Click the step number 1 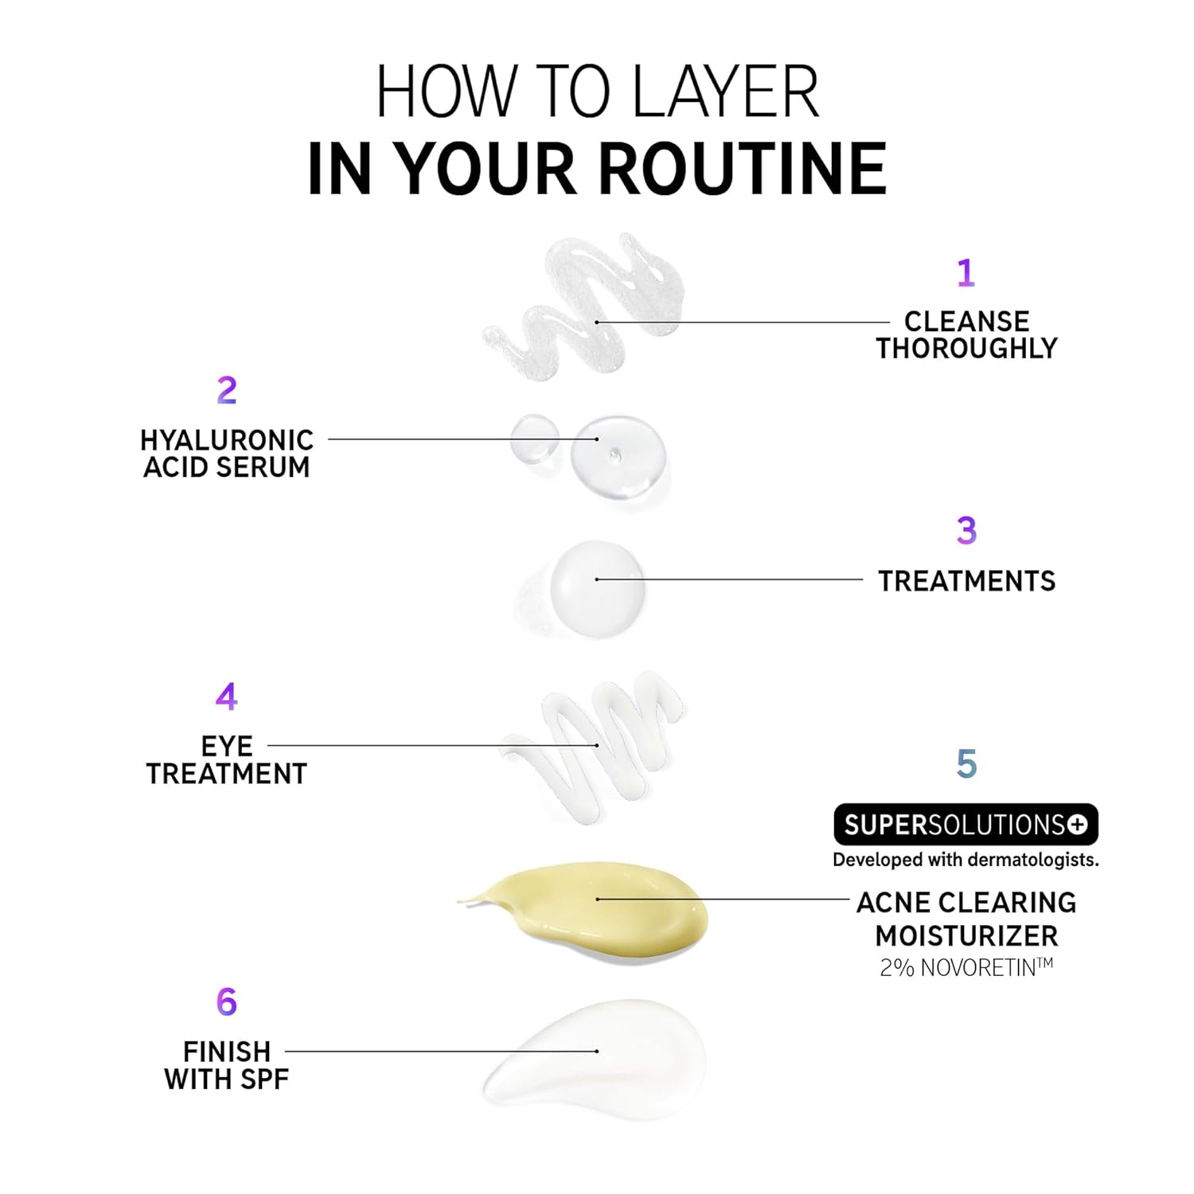click(966, 272)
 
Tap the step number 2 click(227, 390)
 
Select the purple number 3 click(966, 530)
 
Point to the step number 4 click(227, 696)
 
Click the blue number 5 click(966, 764)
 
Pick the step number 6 click(227, 1001)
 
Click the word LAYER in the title click(725, 92)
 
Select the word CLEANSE click(966, 322)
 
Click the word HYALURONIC click(227, 440)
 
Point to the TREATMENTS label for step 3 click(966, 581)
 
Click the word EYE click(227, 747)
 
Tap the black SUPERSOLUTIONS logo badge click(966, 825)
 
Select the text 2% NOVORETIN click(966, 967)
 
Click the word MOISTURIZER click(966, 935)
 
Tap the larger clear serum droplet click(618, 457)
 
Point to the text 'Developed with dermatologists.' click(966, 860)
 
